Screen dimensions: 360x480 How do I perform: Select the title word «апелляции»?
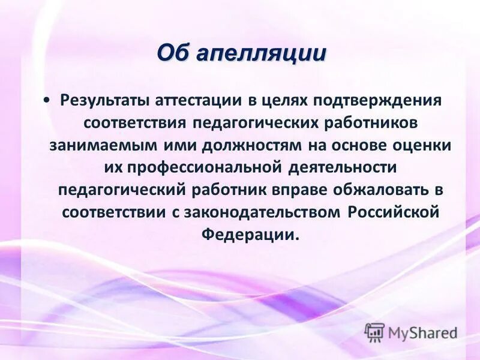tap(261, 53)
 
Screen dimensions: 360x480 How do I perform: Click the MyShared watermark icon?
tap(374, 332)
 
